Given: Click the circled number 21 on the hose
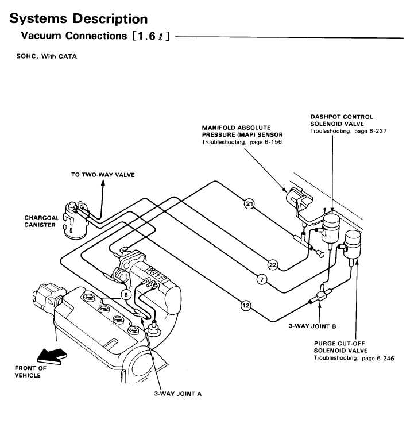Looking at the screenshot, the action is click(249, 204).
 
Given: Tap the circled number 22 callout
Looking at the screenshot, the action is click(273, 265).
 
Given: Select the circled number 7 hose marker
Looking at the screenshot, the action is click(262, 279).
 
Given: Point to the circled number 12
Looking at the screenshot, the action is click(246, 306).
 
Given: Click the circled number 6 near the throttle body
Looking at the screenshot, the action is click(126, 295).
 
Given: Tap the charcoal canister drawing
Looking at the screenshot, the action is click(75, 221).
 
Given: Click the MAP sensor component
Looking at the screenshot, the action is click(298, 201).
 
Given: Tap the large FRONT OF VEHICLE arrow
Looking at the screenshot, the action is click(52, 355).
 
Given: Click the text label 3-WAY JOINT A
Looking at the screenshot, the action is click(177, 394).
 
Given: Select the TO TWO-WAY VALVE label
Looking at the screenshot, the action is click(103, 175).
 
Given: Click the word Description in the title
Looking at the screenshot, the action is click(110, 19).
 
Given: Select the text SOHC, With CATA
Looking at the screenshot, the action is click(47, 56).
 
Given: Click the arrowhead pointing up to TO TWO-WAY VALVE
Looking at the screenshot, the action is click(103, 182).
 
